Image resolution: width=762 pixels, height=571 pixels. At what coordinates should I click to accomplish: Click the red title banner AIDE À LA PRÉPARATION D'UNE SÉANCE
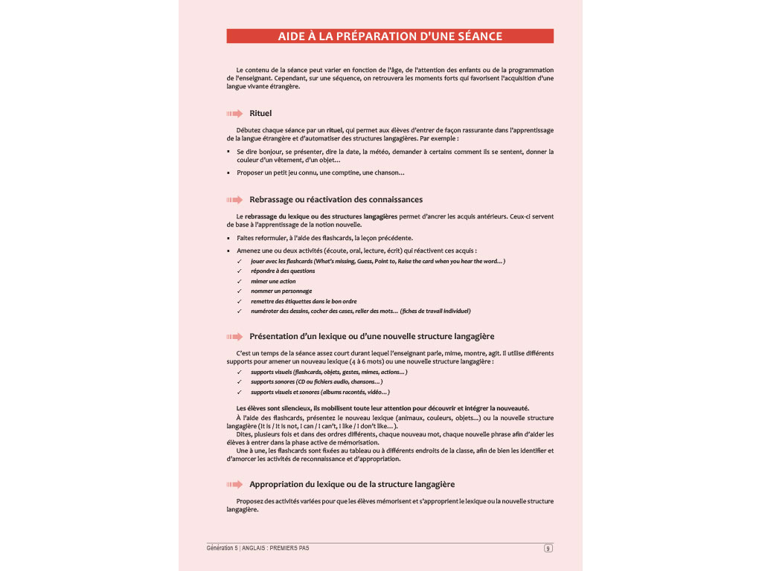[390, 36]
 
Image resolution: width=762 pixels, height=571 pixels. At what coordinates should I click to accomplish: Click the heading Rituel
[260, 114]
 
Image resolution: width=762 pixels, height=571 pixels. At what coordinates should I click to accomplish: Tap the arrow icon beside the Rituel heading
[235, 114]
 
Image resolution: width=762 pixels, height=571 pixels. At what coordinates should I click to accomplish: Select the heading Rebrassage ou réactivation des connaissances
[336, 199]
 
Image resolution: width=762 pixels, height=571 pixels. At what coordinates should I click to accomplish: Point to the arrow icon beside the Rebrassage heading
[235, 199]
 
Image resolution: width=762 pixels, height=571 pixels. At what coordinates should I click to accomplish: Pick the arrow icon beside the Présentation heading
[235, 336]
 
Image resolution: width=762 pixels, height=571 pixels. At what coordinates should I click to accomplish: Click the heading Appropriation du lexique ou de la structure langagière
[352, 484]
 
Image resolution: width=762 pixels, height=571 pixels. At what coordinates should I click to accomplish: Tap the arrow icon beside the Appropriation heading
[235, 484]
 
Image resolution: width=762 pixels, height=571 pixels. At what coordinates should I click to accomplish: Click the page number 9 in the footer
[548, 549]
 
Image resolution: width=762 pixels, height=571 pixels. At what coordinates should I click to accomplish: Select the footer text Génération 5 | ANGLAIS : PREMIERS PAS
[257, 548]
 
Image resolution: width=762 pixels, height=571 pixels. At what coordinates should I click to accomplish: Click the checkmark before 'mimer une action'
[239, 282]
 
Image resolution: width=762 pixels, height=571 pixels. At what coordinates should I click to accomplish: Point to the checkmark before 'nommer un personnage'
[239, 291]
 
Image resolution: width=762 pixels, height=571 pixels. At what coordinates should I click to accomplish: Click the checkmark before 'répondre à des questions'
[239, 271]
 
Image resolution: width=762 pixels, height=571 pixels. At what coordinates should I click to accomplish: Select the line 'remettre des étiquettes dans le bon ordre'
[304, 301]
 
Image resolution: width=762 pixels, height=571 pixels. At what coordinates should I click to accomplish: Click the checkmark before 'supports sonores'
[239, 381]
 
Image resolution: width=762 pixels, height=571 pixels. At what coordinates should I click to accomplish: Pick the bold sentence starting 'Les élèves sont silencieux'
[382, 407]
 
